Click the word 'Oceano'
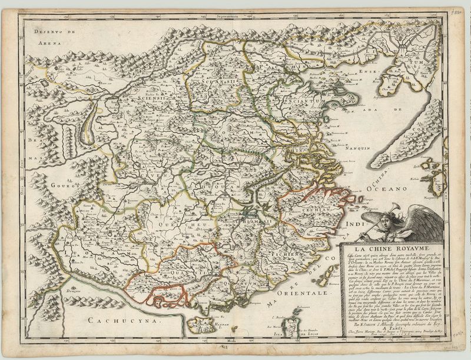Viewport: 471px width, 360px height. (386, 189)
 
